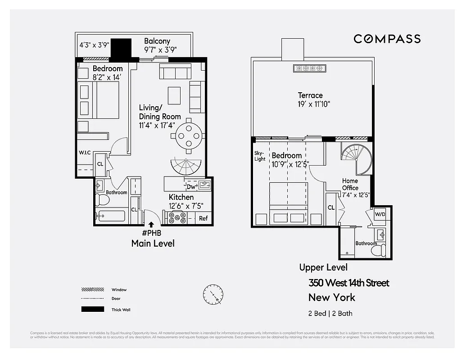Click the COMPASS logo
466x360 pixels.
click(x=387, y=39)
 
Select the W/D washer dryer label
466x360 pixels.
click(x=380, y=214)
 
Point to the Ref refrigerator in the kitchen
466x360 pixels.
click(x=203, y=218)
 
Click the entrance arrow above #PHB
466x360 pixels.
click(x=151, y=224)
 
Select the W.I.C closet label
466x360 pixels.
click(x=85, y=153)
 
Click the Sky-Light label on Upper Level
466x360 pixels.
click(x=260, y=156)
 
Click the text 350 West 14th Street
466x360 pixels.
click(x=348, y=283)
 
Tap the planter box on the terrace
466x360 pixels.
click(x=309, y=68)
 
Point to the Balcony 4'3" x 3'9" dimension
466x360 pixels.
click(x=94, y=45)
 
